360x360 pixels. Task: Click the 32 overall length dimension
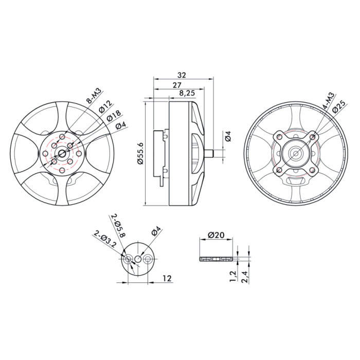(182, 75)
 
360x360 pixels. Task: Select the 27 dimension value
(177, 85)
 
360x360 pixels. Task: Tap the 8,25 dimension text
(187, 93)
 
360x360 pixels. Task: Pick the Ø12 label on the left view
(106, 106)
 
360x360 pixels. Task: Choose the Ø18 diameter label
(114, 116)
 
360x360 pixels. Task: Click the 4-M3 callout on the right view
(328, 100)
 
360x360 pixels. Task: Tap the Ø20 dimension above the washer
(216, 235)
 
